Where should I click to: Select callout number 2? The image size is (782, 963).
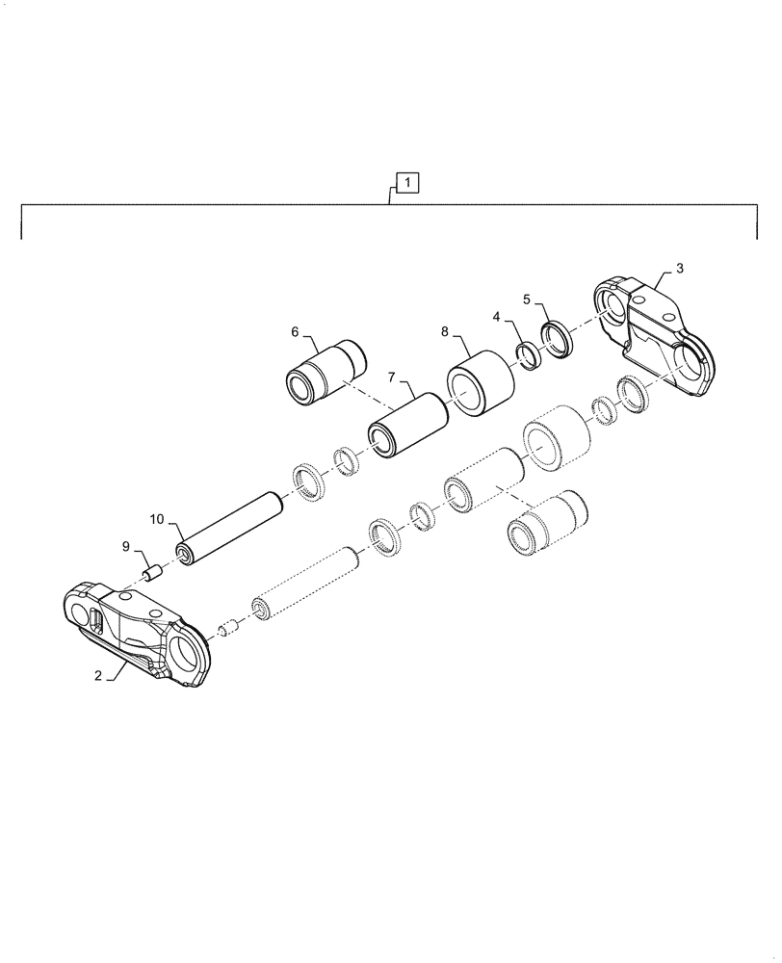(98, 676)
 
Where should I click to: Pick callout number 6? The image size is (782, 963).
(296, 332)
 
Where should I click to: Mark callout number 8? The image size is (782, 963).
(445, 330)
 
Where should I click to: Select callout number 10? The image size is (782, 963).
(157, 520)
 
